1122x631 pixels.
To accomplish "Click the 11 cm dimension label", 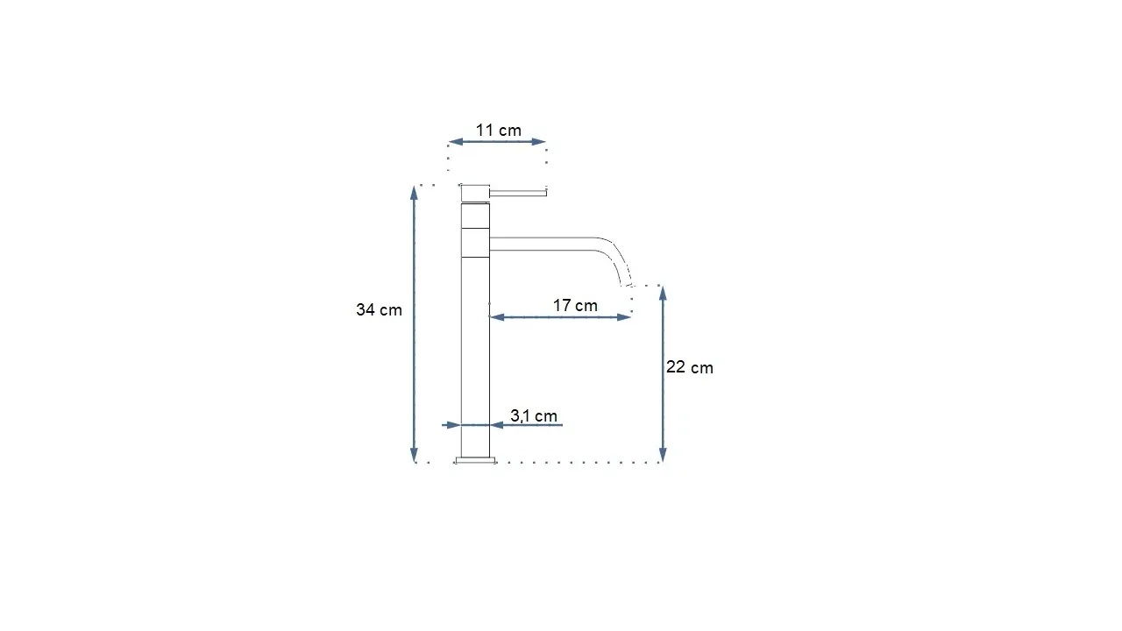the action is (x=499, y=131).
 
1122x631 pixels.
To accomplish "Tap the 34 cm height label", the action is (x=379, y=310).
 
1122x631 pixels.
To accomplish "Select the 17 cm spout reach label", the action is (x=575, y=306).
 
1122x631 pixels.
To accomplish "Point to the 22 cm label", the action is (x=690, y=367).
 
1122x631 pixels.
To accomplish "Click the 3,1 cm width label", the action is (x=534, y=415).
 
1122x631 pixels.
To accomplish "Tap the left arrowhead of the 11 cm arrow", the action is (x=455, y=142).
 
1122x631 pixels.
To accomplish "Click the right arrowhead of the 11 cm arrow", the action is (x=538, y=142).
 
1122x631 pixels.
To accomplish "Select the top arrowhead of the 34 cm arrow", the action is (x=414, y=193).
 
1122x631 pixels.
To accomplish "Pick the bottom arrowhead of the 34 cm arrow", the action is (x=414, y=455).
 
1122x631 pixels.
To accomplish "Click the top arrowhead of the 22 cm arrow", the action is (x=663, y=294).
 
